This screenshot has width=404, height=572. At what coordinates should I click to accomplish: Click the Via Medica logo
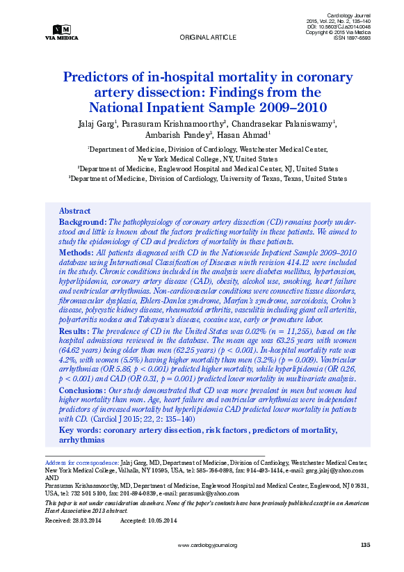[x=61, y=32]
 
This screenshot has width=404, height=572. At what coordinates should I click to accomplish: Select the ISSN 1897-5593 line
[x=353, y=38]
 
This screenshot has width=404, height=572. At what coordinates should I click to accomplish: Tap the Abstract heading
[x=74, y=211]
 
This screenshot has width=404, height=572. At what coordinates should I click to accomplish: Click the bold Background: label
[x=82, y=221]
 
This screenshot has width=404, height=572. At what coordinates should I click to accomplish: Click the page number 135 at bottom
[x=366, y=545]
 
